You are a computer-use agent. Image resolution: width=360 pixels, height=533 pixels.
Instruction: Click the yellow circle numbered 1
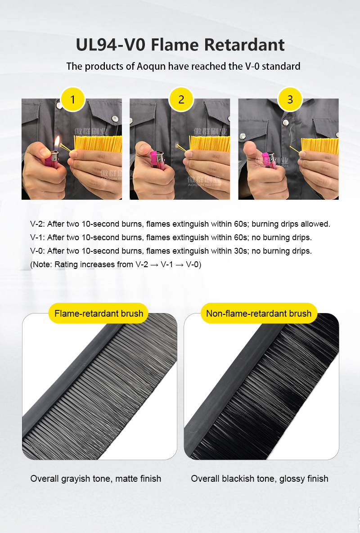click(72, 99)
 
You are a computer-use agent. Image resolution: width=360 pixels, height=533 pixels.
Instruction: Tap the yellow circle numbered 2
click(181, 99)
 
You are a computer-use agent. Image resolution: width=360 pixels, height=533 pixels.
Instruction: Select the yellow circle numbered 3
click(290, 99)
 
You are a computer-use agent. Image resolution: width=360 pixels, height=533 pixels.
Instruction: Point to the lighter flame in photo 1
click(57, 143)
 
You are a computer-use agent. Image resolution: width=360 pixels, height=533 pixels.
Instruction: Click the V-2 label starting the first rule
click(37, 224)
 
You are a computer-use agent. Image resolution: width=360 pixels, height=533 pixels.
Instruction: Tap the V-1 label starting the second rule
click(37, 237)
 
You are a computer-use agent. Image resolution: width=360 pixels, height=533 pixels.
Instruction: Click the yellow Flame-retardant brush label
click(99, 313)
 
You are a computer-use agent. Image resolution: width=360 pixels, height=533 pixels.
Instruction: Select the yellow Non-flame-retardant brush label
click(259, 313)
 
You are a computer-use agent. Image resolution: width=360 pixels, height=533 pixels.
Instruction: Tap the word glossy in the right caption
click(292, 479)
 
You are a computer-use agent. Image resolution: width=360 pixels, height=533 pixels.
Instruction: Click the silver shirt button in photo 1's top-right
click(115, 119)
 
